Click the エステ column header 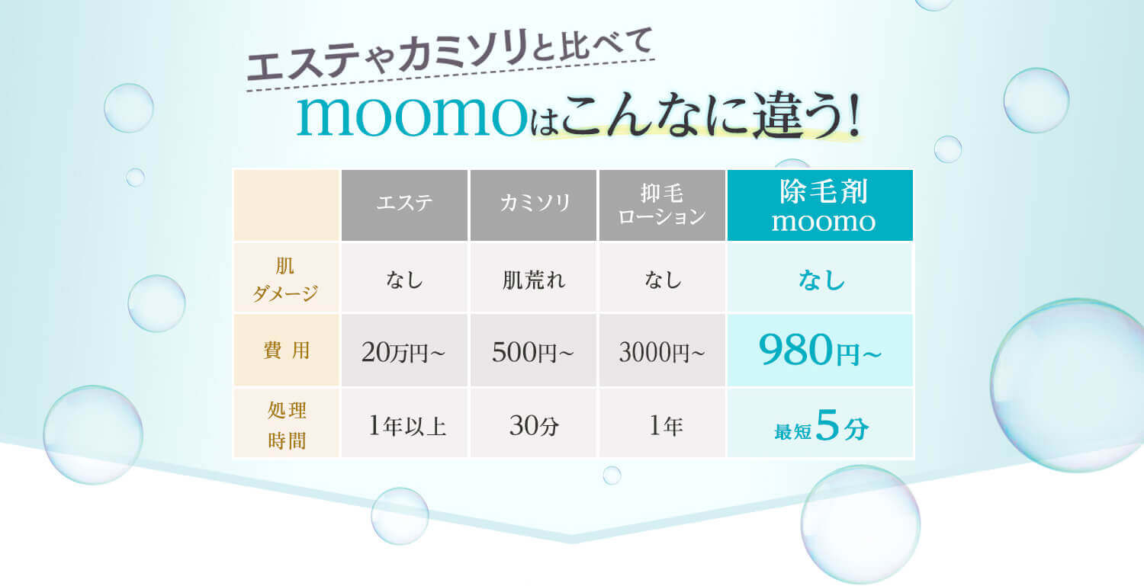(x=404, y=205)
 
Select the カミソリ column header (x=533, y=205)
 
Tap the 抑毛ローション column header (x=662, y=205)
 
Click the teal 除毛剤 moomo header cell (x=820, y=205)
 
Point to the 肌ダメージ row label (x=286, y=279)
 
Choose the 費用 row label (x=286, y=351)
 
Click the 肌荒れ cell (x=533, y=280)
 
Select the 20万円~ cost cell (x=403, y=352)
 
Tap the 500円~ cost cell (x=532, y=352)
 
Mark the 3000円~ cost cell (x=662, y=352)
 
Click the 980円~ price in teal (x=820, y=351)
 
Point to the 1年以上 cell (x=407, y=426)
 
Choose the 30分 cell (x=534, y=426)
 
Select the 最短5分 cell (x=821, y=426)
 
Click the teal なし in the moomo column (x=821, y=280)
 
